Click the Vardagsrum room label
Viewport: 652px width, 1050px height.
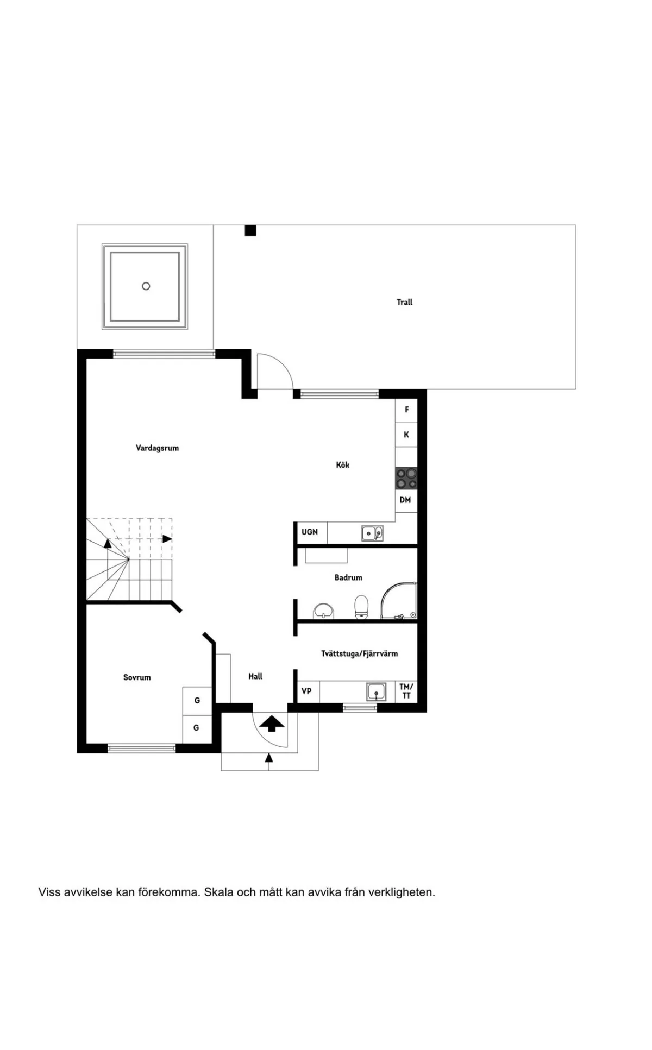[157, 448]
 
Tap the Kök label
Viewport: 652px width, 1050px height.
[342, 465]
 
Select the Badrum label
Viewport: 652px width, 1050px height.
[348, 577]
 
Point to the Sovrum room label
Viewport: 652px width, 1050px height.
[137, 677]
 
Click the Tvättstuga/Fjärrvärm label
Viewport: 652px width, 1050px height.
[359, 654]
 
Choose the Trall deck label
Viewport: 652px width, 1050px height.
[404, 302]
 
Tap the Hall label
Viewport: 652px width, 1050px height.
[255, 676]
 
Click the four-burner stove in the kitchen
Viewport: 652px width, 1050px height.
[406, 479]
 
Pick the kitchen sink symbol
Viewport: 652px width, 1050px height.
[372, 533]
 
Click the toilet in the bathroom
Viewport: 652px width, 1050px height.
[361, 607]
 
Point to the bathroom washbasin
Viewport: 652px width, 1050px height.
[324, 611]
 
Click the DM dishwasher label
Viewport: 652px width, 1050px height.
[405, 500]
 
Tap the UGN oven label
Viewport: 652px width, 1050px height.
[310, 532]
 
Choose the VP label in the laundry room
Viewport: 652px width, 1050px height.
[306, 691]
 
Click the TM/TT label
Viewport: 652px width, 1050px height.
[406, 691]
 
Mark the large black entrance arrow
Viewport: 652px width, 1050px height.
[272, 724]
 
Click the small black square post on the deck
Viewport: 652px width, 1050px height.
[250, 231]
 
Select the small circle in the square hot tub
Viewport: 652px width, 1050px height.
[146, 286]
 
